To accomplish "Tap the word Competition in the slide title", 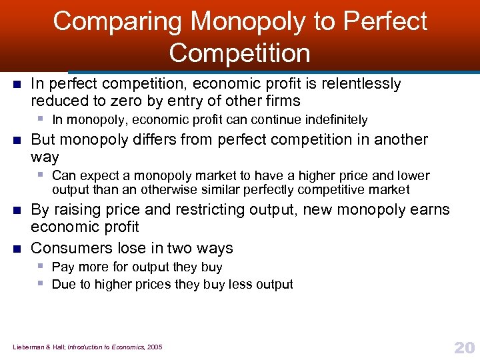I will click(239, 53).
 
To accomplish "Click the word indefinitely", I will click(333, 120).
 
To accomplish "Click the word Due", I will click(63, 285).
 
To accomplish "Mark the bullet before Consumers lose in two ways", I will click(17, 249).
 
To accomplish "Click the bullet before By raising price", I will click(17, 210).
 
